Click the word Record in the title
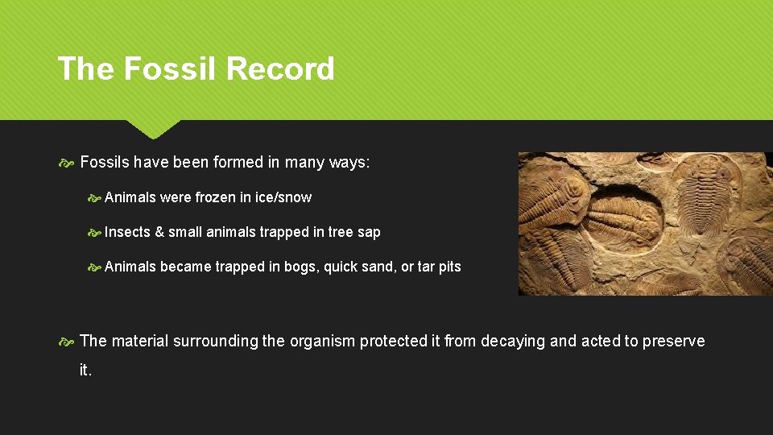(x=280, y=68)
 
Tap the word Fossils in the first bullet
(x=105, y=163)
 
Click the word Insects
(x=127, y=232)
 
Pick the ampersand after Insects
(x=159, y=232)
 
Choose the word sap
(x=369, y=232)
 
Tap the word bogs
(x=300, y=267)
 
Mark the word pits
(x=449, y=267)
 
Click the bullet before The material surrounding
(x=67, y=342)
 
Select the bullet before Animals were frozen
(x=94, y=197)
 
